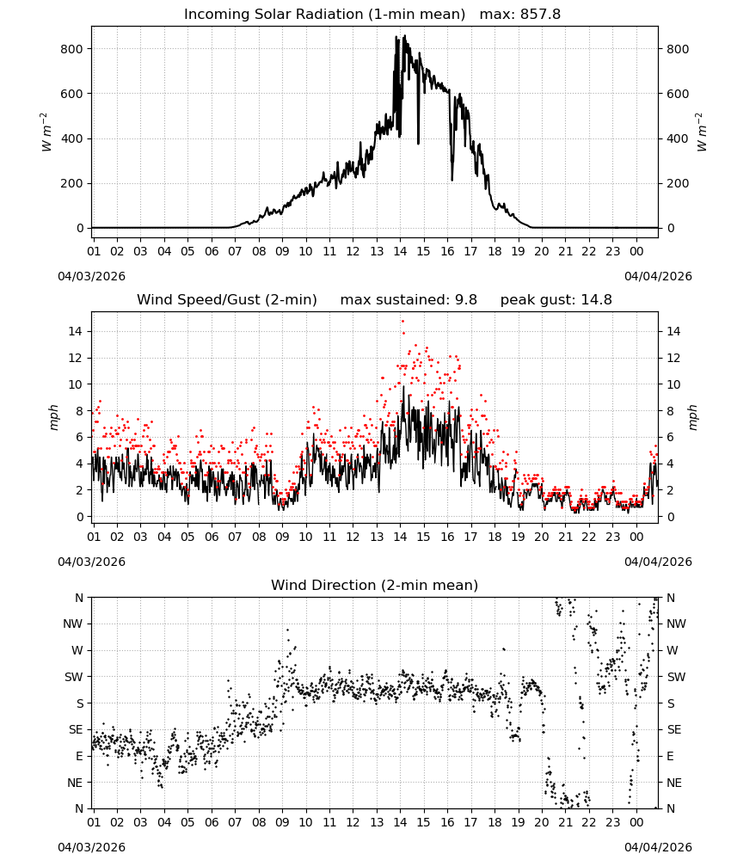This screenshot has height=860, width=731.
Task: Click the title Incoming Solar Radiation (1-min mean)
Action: tap(324, 15)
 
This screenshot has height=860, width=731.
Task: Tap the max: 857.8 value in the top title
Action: tap(520, 15)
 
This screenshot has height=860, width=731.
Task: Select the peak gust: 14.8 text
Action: tap(556, 300)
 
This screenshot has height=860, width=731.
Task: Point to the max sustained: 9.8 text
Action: tap(408, 300)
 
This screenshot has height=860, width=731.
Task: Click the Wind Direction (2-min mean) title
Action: tap(375, 585)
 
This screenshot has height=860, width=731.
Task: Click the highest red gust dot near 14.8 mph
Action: tap(402, 322)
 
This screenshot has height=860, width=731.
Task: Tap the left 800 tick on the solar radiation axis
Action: tap(71, 49)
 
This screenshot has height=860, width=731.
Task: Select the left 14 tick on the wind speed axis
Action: tap(76, 331)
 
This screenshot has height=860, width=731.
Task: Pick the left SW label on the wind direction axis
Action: tap(74, 677)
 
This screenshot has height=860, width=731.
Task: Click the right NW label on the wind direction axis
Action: tap(677, 624)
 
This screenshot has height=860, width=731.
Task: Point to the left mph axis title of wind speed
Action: tap(53, 417)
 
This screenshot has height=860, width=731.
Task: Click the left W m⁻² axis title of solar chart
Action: tap(46, 132)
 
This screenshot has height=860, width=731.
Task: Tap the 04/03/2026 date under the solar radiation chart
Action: tap(91, 276)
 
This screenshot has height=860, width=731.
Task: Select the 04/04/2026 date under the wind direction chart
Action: tap(658, 847)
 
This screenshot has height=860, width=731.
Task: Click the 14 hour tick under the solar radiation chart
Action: tap(400, 252)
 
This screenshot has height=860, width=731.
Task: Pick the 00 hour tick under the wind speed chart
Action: tap(636, 537)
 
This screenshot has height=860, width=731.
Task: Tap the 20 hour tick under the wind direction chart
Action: tap(541, 823)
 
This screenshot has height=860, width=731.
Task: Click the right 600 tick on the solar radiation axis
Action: tap(678, 94)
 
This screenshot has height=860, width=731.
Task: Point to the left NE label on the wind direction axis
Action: tap(75, 783)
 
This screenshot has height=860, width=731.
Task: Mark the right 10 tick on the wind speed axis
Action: tap(673, 384)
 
